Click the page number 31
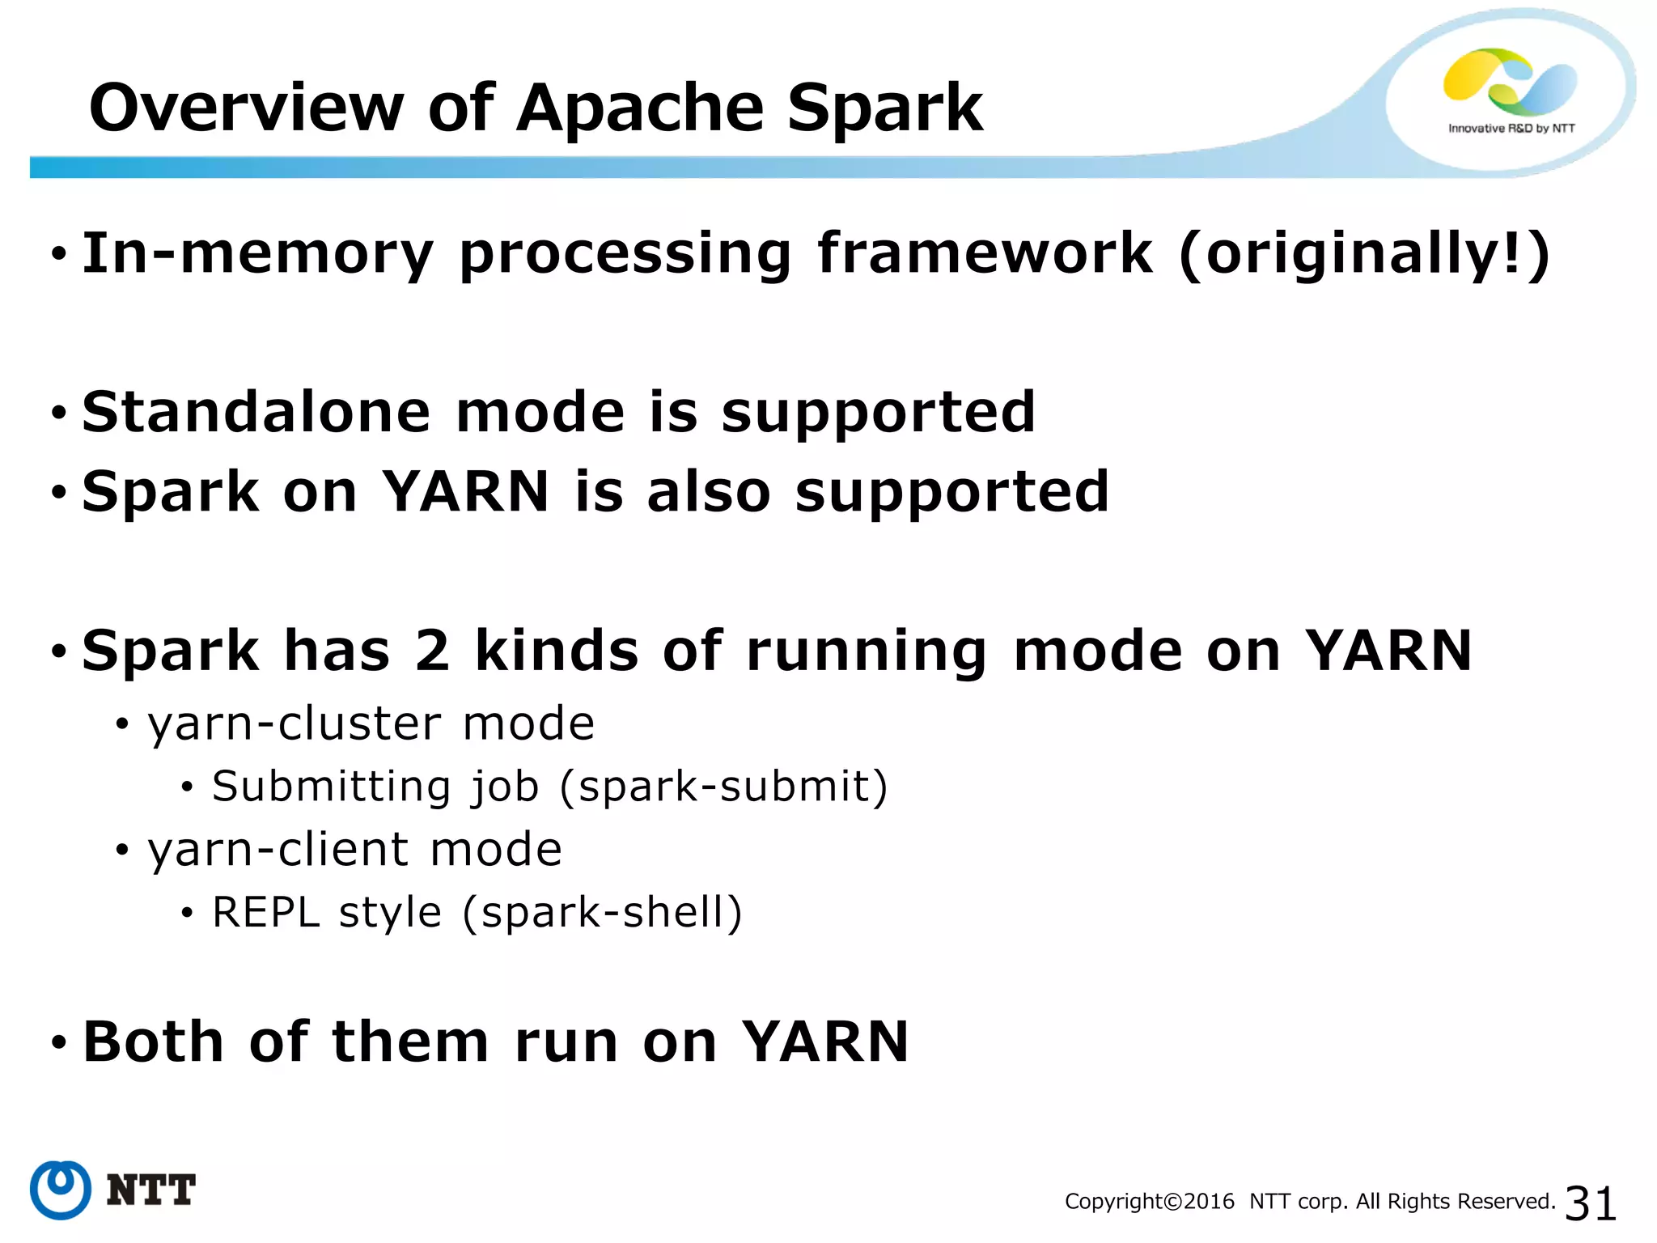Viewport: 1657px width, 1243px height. tap(1591, 1203)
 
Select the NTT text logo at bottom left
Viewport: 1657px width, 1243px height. tap(151, 1190)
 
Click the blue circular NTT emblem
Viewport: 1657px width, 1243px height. tap(61, 1190)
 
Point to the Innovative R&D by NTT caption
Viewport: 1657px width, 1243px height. tap(1511, 129)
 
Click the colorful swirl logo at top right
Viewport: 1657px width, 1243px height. tap(1510, 81)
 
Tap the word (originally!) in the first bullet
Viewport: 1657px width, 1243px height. tap(1364, 254)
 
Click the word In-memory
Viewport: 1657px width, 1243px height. tap(258, 254)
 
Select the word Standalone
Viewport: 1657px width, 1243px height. tap(256, 412)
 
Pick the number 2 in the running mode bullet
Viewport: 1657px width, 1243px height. tap(432, 651)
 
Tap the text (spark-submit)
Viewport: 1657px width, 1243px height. tap(724, 787)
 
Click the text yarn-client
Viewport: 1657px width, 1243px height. tap(278, 850)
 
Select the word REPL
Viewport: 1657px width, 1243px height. tap(266, 913)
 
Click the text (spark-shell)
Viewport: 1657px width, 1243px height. tap(602, 913)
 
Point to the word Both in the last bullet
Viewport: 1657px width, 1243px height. tap(154, 1041)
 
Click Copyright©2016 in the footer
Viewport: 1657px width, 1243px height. tap(1150, 1202)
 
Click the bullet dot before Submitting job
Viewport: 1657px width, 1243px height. tap(187, 787)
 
